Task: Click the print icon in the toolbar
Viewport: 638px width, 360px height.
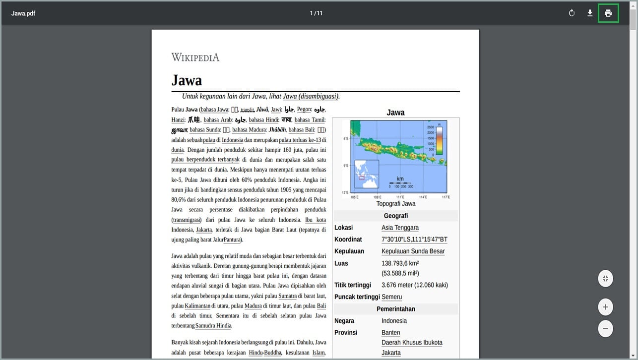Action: coord(608,13)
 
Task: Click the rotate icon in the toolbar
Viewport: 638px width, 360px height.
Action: coord(572,13)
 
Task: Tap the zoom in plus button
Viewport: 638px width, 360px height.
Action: coord(605,307)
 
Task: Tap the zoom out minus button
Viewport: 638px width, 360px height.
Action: coord(605,328)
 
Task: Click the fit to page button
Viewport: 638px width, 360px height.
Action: coord(605,279)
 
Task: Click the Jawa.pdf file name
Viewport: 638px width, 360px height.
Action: coord(23,13)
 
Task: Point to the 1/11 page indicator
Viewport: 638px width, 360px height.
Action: coord(316,13)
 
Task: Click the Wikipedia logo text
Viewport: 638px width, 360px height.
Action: coord(195,58)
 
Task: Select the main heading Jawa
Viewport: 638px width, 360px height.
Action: coord(187,80)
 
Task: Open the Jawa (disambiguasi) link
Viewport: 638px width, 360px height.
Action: coord(311,96)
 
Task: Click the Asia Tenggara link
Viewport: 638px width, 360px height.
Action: coord(400,228)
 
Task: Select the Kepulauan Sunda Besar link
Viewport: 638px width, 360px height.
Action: coord(413,251)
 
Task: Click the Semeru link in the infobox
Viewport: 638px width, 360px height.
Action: coord(391,297)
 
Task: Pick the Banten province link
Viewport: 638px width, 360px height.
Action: coord(390,333)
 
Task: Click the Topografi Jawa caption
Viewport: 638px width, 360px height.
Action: coord(395,204)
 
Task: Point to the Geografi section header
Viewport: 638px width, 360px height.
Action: coord(395,216)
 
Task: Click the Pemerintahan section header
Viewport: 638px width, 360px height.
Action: coord(395,309)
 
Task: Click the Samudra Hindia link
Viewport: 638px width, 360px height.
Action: coord(213,326)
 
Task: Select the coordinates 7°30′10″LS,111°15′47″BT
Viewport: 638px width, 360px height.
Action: coord(414,240)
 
